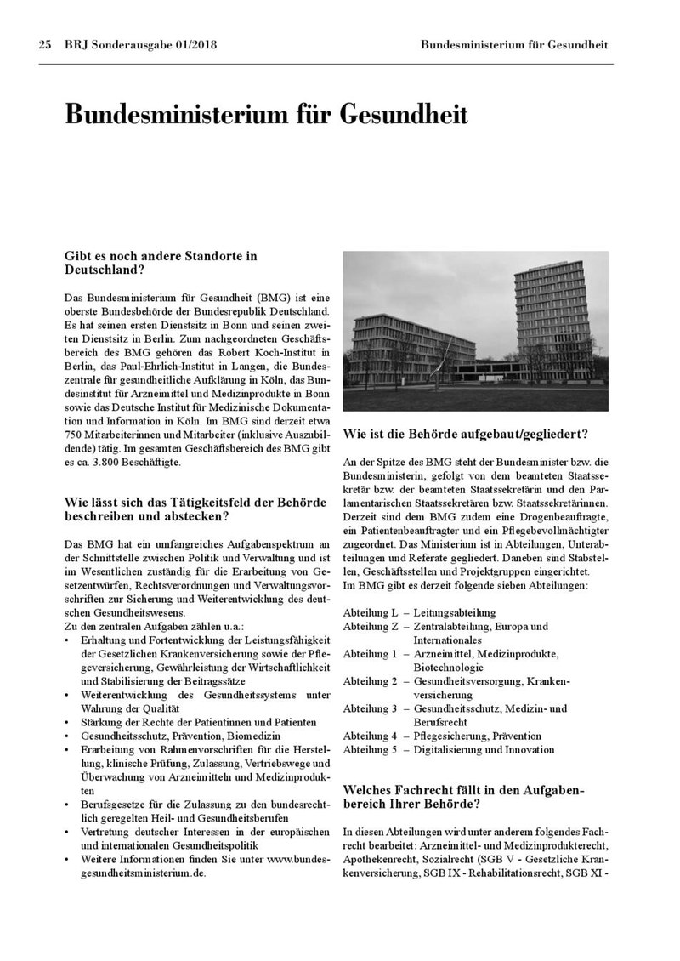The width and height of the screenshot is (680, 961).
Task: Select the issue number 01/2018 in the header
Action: click(x=189, y=44)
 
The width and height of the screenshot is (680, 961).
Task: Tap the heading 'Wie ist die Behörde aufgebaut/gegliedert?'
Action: click(x=465, y=435)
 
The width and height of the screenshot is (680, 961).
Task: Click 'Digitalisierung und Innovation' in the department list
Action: click(x=484, y=750)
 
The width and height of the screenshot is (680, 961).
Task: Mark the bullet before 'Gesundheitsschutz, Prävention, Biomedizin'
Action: click(x=68, y=736)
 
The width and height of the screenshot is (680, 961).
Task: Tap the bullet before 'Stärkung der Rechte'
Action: click(x=68, y=723)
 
